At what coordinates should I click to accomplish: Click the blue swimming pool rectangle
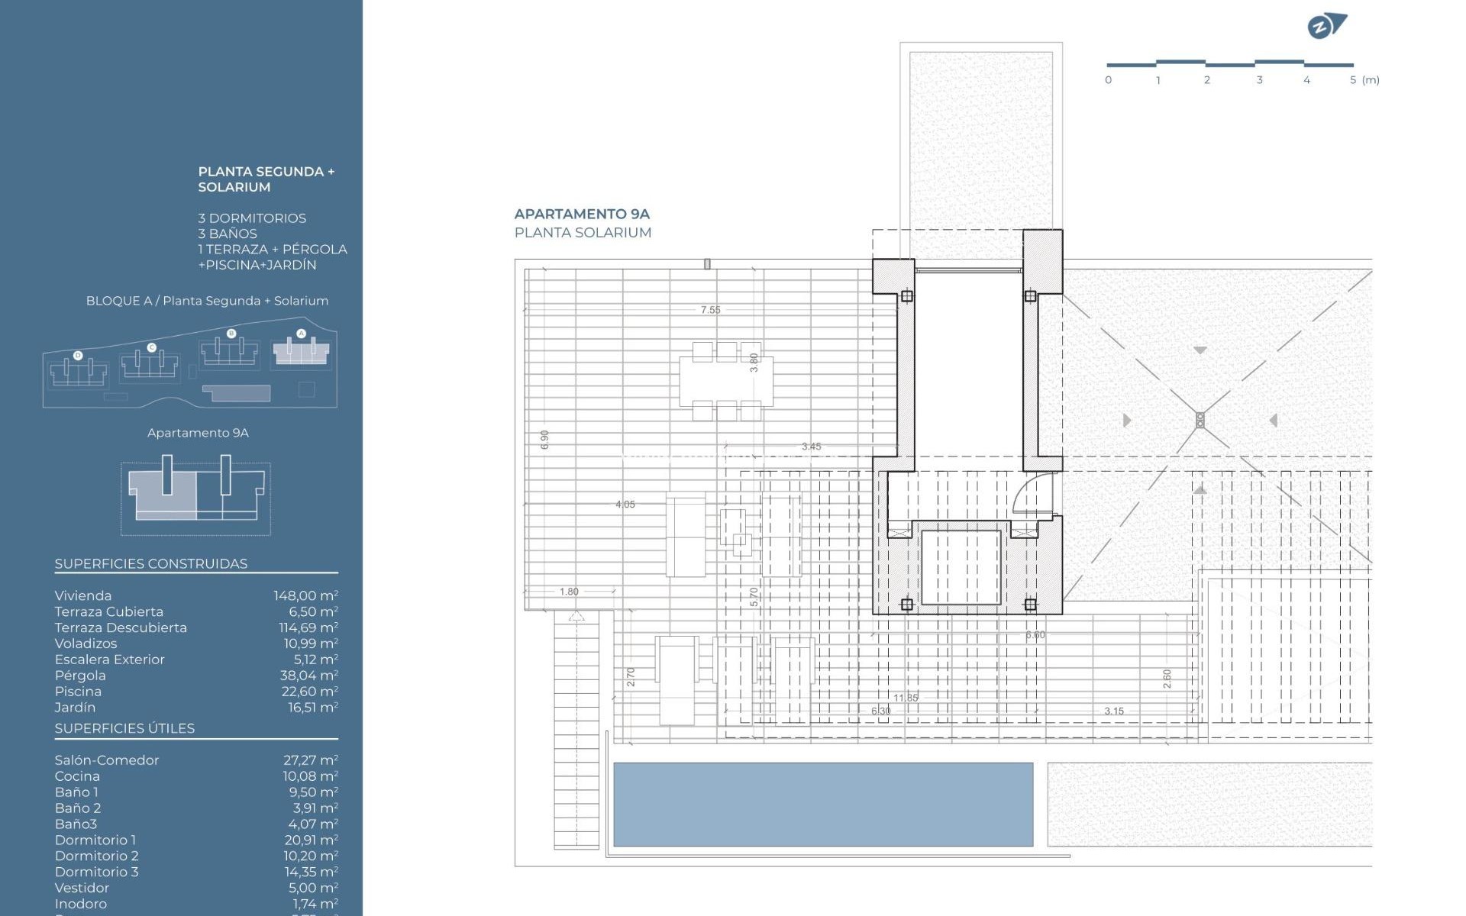click(823, 804)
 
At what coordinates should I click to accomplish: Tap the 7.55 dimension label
click(710, 310)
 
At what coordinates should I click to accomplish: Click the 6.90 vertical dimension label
click(544, 439)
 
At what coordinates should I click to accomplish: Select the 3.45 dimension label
click(811, 447)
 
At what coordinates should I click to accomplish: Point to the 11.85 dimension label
click(906, 698)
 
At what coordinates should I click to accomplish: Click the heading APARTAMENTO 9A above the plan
click(582, 214)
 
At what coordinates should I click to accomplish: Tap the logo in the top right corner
click(1327, 27)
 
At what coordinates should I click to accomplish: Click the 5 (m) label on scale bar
click(1364, 80)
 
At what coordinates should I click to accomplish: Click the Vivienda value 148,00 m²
click(305, 596)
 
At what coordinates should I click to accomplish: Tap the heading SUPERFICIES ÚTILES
click(124, 728)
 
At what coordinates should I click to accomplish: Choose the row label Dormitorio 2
click(96, 856)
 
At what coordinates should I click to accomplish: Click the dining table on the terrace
click(725, 381)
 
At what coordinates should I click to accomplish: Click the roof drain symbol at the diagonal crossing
click(1200, 420)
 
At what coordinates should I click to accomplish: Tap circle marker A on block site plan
click(301, 334)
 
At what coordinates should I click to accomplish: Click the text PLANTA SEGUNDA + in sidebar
click(266, 172)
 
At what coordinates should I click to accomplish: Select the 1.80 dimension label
click(569, 592)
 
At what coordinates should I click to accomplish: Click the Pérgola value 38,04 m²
click(308, 676)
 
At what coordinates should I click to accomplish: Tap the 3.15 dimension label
click(1113, 711)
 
